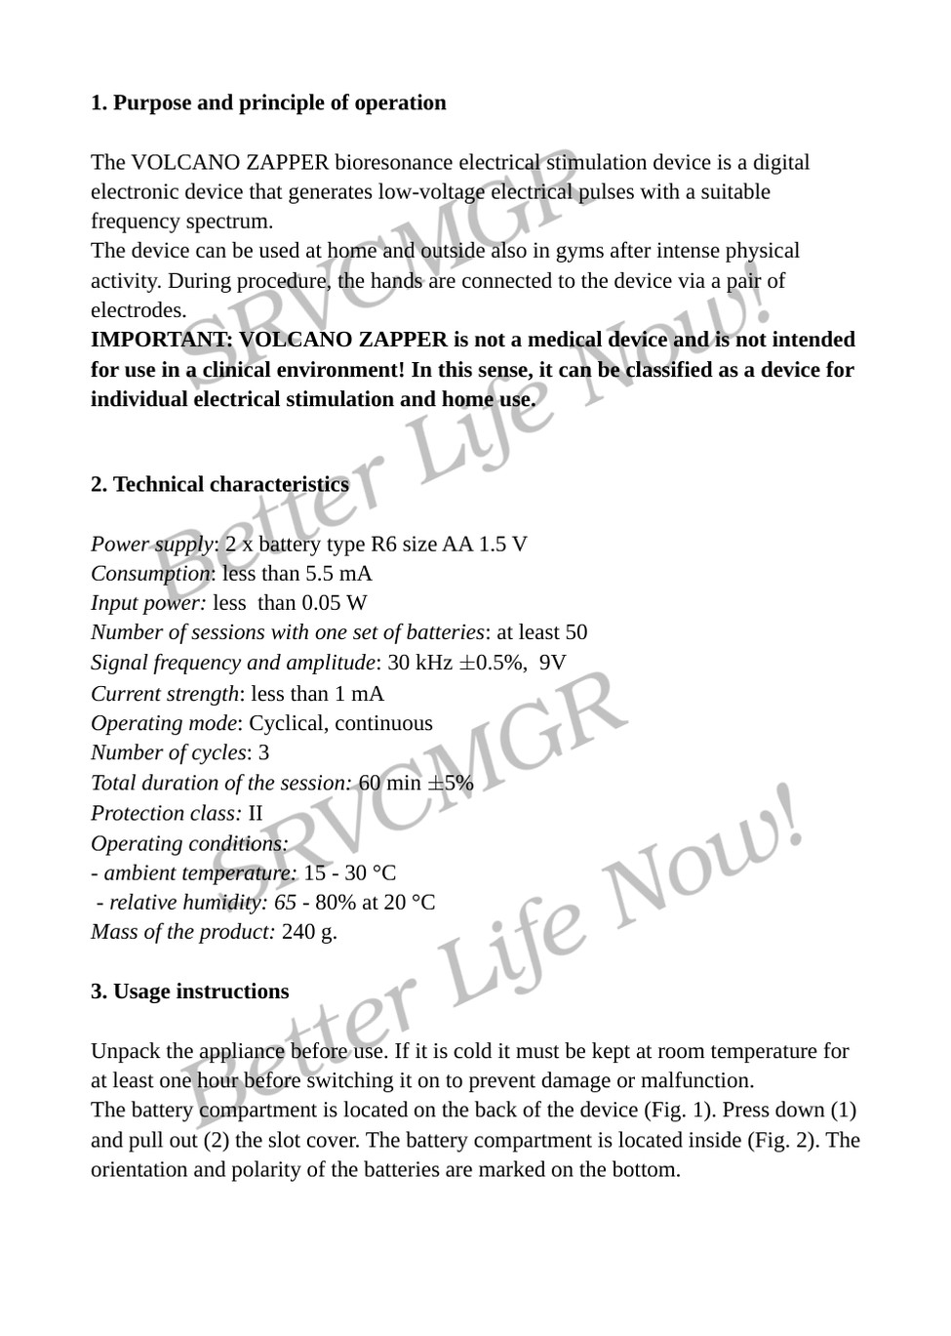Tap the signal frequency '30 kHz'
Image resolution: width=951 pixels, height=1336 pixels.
point(419,663)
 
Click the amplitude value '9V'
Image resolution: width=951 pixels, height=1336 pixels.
point(552,663)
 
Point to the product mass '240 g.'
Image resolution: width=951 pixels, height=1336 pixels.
point(309,931)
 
